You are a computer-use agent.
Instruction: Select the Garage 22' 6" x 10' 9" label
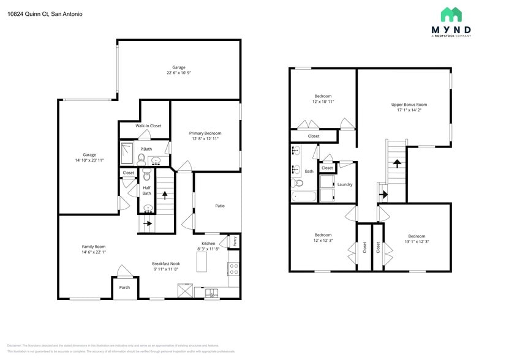tap(179, 70)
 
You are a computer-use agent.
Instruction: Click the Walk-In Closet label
tap(148, 126)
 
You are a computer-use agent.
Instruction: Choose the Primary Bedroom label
tap(205, 136)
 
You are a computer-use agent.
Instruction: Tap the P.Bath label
tap(146, 149)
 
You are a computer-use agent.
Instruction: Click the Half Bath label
tap(146, 190)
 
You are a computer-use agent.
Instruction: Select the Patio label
tap(219, 206)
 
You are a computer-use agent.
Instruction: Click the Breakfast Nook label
tap(165, 266)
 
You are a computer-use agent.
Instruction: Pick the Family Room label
tap(94, 249)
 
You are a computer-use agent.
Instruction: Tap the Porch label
tap(124, 287)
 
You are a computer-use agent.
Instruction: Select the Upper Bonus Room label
tap(409, 108)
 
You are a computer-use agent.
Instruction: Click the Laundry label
tap(344, 184)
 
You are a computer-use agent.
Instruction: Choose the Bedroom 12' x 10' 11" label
tap(323, 99)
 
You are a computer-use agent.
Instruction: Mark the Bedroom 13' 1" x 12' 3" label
tap(417, 239)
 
